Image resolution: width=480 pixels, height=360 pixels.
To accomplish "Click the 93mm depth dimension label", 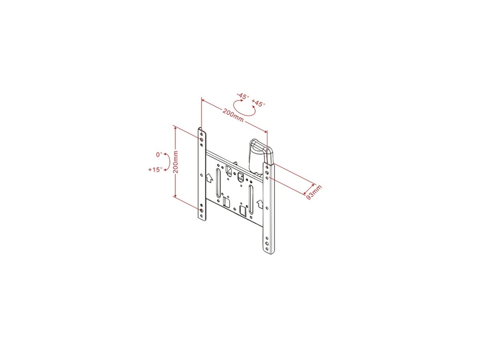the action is click(x=314, y=192).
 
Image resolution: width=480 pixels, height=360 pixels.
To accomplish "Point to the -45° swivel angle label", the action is click(x=243, y=96).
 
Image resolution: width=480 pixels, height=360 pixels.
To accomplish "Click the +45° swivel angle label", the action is click(x=258, y=103).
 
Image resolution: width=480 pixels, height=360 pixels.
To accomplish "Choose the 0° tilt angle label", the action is click(x=159, y=154).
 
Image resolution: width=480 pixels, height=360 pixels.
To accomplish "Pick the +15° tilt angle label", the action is click(x=156, y=169).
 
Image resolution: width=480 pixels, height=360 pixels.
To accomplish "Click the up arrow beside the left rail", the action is click(x=209, y=178).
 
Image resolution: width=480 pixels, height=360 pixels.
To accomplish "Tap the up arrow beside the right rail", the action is click(x=260, y=204).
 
